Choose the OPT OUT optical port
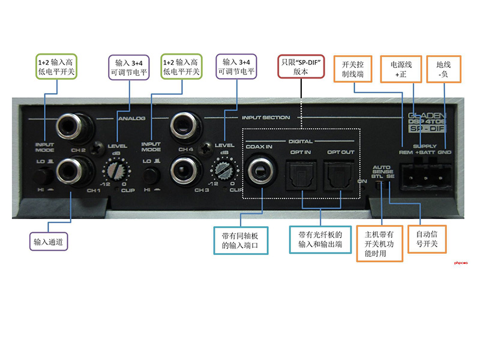[340, 174]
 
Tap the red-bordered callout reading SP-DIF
[301, 66]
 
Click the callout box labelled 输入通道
[49, 242]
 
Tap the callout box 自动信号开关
[422, 239]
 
